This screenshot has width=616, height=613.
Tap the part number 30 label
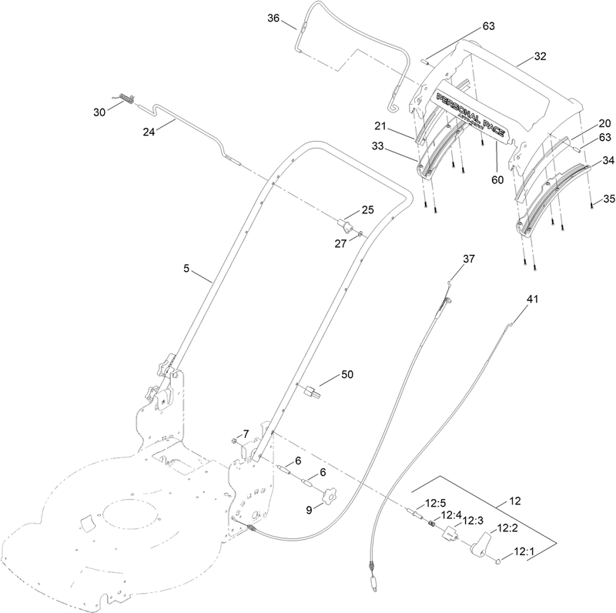pyautogui.click(x=99, y=112)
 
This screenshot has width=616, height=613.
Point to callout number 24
pyautogui.click(x=149, y=131)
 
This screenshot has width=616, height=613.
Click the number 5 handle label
pyautogui.click(x=186, y=269)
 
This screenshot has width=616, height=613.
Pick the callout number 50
pyautogui.click(x=347, y=374)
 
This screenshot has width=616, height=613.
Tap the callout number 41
pyautogui.click(x=533, y=297)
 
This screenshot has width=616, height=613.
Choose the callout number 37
pyautogui.click(x=470, y=259)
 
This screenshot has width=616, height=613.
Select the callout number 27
pyautogui.click(x=341, y=243)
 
